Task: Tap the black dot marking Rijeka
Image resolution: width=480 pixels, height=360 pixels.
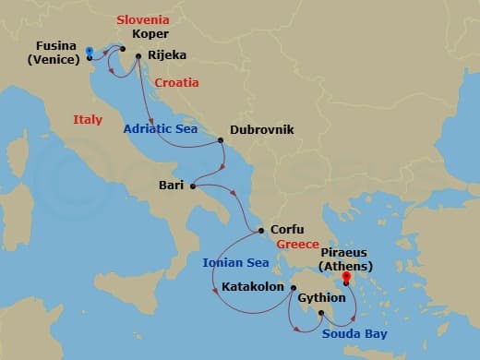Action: click(x=138, y=56)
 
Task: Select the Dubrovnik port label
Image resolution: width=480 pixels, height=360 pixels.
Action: click(x=261, y=130)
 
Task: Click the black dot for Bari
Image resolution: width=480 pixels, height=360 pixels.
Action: click(x=193, y=186)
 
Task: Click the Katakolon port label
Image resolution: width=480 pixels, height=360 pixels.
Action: click(x=253, y=287)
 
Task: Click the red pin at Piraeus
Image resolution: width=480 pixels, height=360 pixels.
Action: click(x=346, y=276)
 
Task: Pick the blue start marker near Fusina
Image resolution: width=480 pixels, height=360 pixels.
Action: click(x=89, y=51)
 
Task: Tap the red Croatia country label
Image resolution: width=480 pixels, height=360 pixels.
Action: click(x=176, y=82)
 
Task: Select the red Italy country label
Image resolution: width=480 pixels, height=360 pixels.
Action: click(x=88, y=119)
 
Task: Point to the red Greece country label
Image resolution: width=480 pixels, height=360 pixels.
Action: click(x=297, y=245)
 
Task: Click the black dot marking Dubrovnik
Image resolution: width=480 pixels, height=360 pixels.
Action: click(x=221, y=141)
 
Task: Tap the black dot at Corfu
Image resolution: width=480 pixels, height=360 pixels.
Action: click(x=261, y=231)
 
